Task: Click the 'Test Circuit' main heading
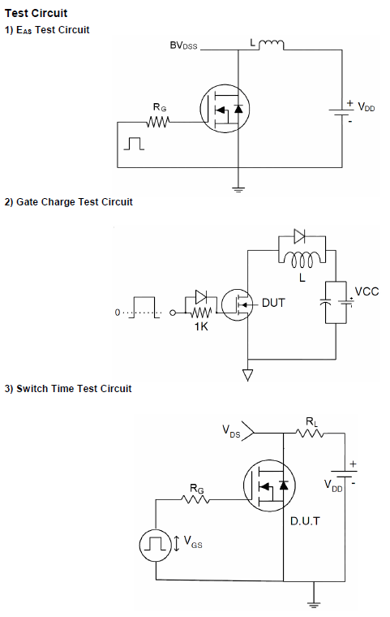[36, 13]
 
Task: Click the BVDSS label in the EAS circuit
[183, 45]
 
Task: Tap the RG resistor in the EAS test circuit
[158, 122]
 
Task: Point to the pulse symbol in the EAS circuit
[134, 144]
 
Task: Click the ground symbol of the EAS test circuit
[238, 190]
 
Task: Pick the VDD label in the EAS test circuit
[366, 107]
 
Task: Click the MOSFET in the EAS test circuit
[225, 109]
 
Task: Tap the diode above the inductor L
[299, 236]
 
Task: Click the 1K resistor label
[201, 326]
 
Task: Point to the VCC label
[366, 291]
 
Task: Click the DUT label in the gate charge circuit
[273, 303]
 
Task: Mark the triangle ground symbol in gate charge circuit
[247, 375]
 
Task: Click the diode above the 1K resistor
[201, 297]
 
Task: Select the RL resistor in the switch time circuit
[310, 434]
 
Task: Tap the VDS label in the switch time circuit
[231, 431]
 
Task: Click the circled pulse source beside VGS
[156, 545]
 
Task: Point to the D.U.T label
[305, 521]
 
